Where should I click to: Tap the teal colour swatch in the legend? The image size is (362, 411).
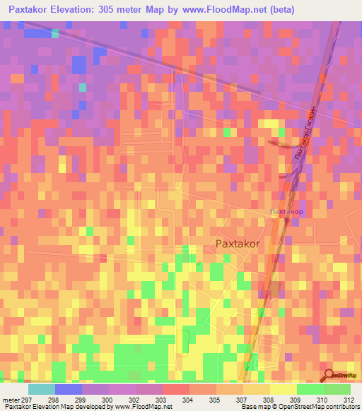[x=41, y=389]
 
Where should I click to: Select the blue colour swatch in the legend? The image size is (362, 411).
[x=68, y=389]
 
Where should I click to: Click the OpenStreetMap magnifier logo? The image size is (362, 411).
[x=329, y=375]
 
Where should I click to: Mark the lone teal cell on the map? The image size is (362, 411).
[x=82, y=88]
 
